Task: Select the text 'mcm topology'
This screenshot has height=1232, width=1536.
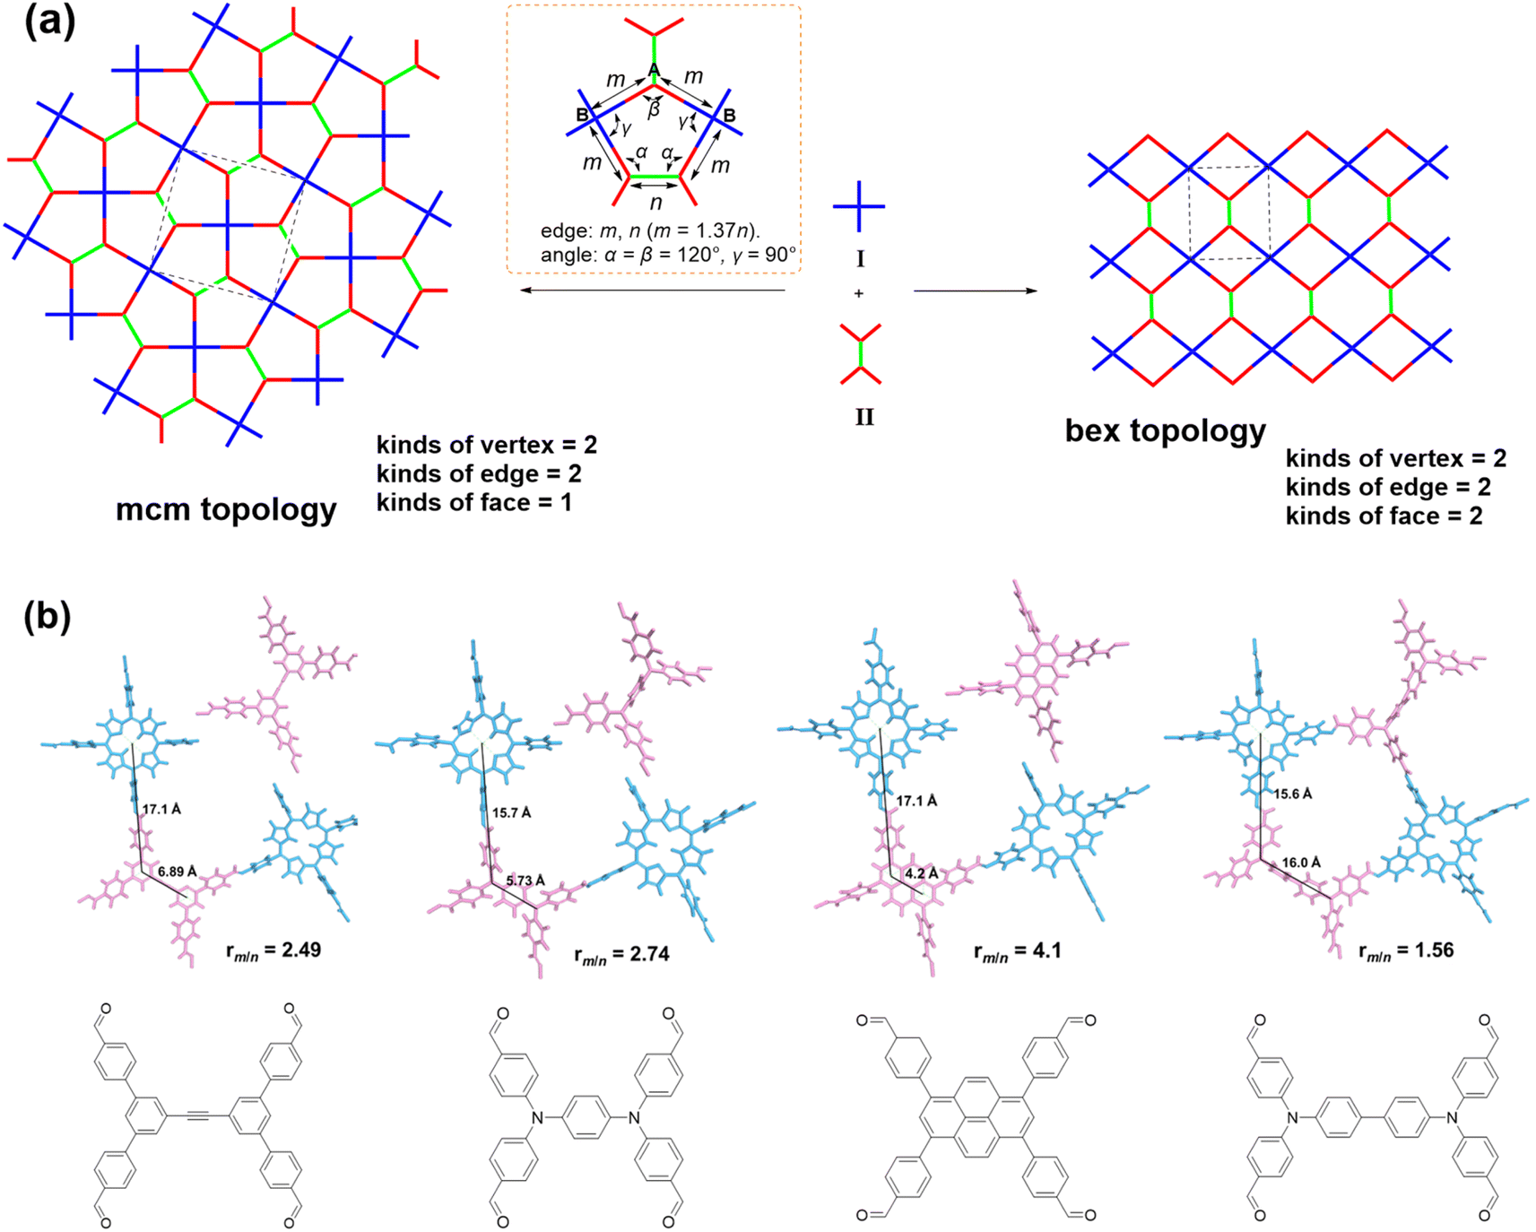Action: tap(226, 509)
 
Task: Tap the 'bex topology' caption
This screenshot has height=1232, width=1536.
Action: tap(1166, 431)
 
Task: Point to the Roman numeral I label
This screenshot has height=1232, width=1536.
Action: tap(861, 259)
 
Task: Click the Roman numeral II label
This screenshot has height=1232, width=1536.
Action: tap(864, 417)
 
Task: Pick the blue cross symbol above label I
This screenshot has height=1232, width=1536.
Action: tap(859, 207)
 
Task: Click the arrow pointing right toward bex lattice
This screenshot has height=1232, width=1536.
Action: tap(976, 291)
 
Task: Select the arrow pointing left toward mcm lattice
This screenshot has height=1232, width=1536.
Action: tap(653, 291)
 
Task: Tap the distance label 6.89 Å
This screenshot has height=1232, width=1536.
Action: tap(177, 872)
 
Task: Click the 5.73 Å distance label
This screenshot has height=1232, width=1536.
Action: tap(525, 881)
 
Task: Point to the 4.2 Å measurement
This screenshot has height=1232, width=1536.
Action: tap(922, 873)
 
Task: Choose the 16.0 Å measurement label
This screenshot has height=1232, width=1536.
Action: tap(1301, 863)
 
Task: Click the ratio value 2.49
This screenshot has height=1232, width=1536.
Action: tap(302, 950)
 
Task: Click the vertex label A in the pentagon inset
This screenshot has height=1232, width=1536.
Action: tap(654, 70)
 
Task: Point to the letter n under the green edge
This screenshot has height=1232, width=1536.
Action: tap(655, 203)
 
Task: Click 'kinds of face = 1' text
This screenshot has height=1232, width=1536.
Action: tap(473, 503)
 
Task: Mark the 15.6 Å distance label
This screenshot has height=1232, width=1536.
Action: tap(1293, 794)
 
